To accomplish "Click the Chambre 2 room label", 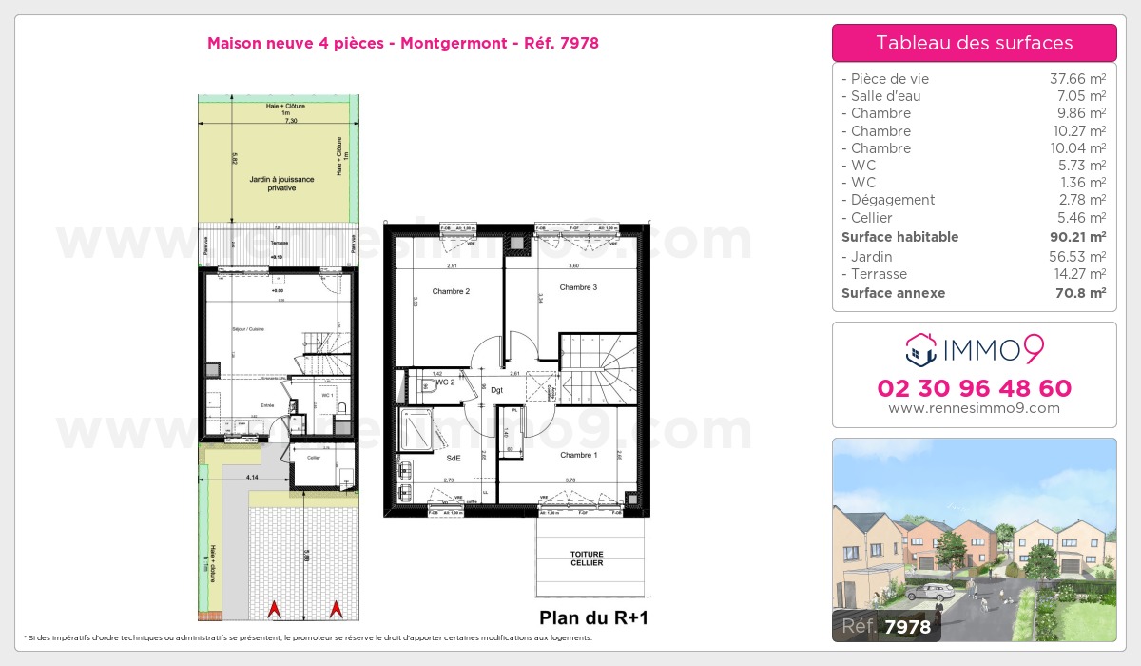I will coord(451,291).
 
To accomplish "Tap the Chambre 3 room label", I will coord(578,287).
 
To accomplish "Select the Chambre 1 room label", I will coord(577,455).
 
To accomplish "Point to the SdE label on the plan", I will coord(454,458).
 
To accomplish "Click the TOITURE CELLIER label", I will coord(587,558).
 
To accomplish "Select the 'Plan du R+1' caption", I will coord(593,617).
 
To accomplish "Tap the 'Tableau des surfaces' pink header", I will coord(974,43).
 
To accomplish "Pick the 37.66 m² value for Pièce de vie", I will coord(1076,79).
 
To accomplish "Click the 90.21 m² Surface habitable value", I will coord(1076,237).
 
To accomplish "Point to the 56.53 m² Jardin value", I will coord(1076,257).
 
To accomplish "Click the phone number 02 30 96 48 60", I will coord(974,388).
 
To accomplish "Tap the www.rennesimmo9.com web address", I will coord(974,408).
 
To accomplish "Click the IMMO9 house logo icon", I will coord(920,350).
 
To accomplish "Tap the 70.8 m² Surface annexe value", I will coord(1079,293).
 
